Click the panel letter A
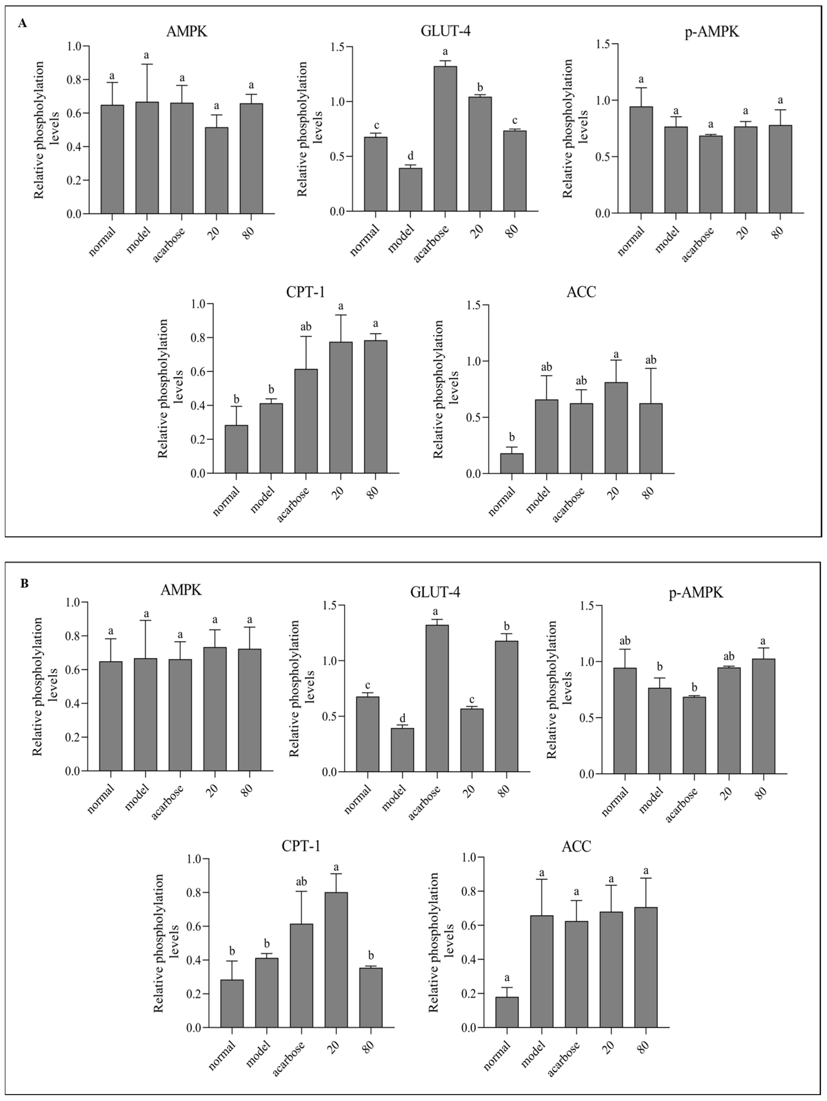tap(22, 23)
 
